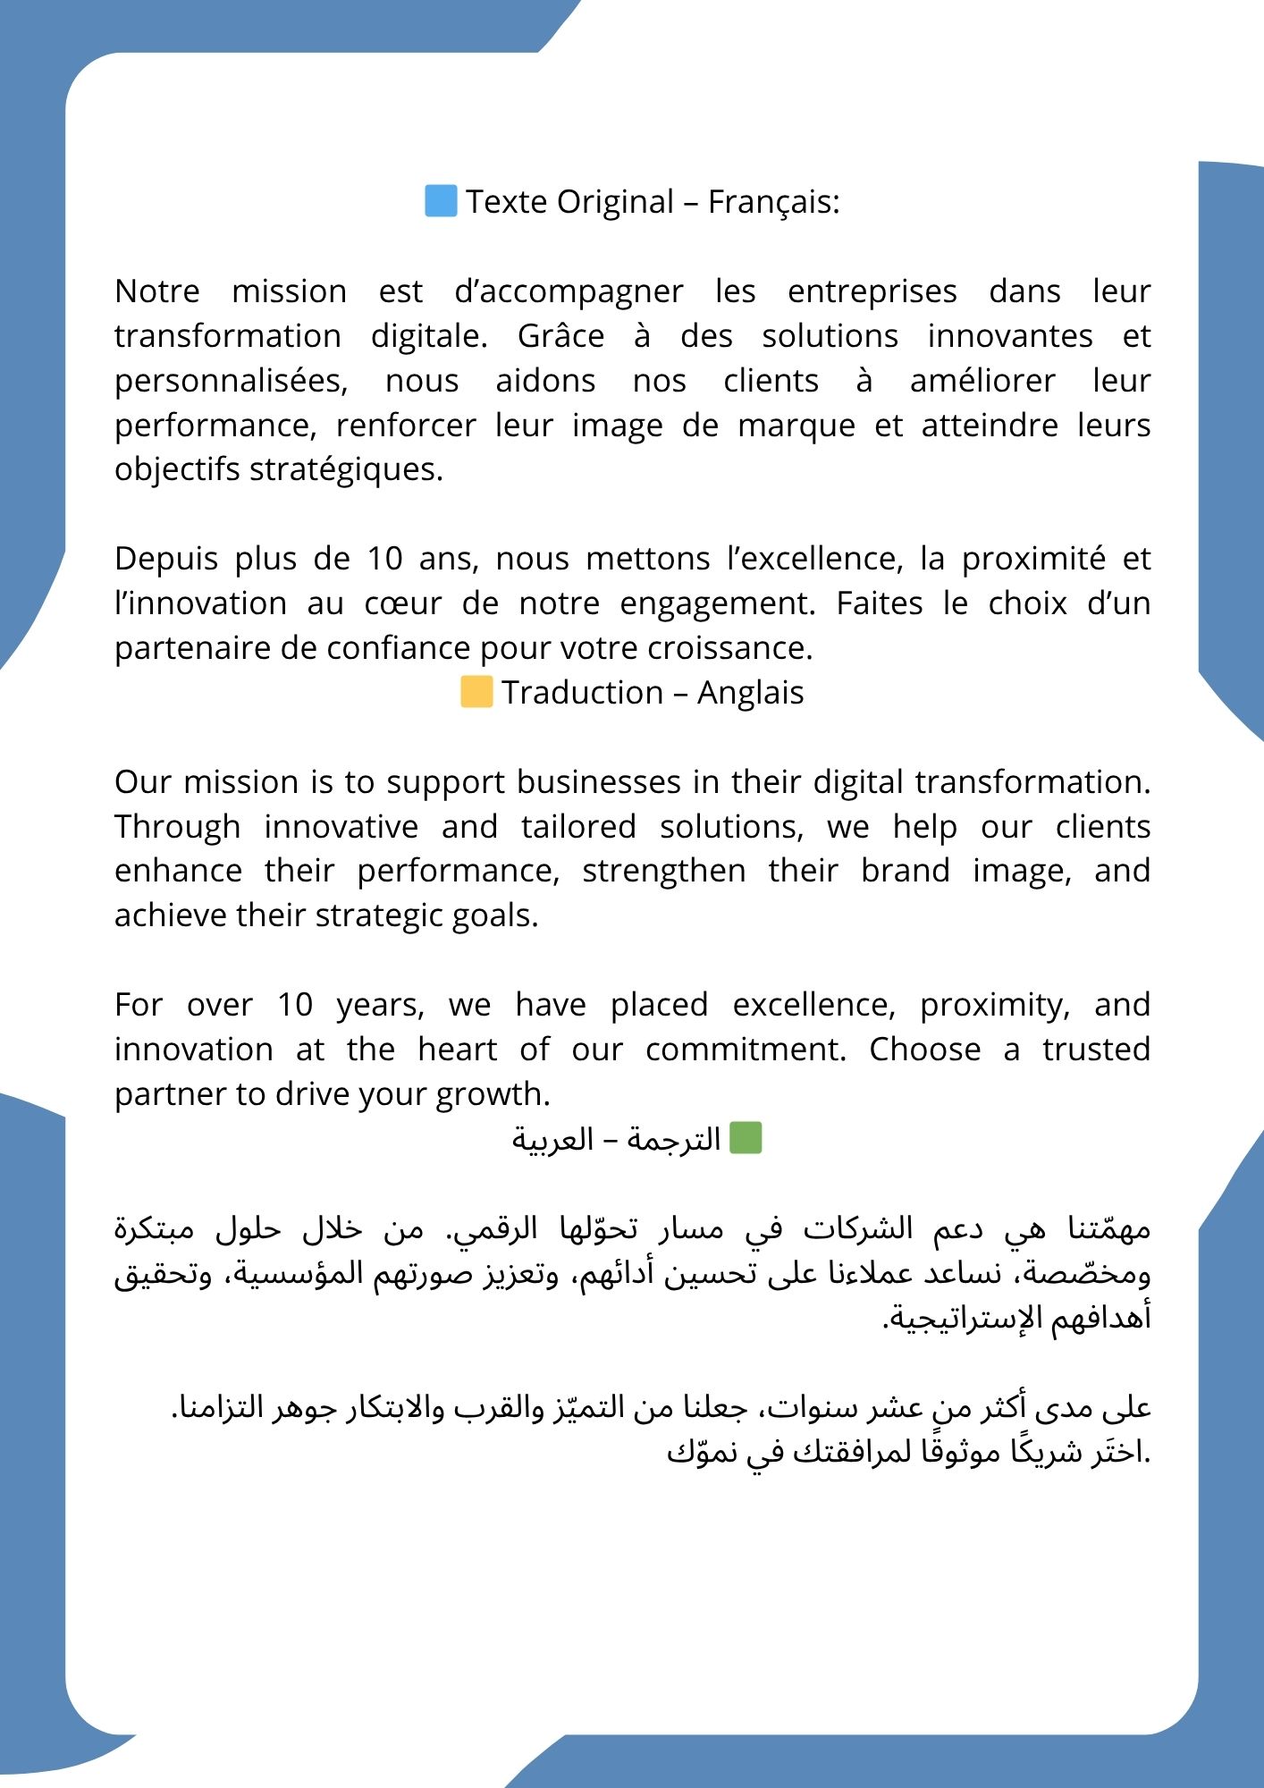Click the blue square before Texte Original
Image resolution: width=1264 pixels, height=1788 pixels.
point(441,200)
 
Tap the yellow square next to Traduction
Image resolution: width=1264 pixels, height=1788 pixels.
point(476,692)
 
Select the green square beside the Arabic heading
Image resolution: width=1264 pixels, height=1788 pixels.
point(746,1138)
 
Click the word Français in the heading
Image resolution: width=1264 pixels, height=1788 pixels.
point(773,202)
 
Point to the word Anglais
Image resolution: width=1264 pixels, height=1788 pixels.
point(750,693)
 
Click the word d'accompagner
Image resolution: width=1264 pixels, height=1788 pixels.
point(569,291)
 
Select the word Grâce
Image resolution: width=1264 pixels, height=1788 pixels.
point(560,336)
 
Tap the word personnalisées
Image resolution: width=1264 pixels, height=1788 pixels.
point(231,381)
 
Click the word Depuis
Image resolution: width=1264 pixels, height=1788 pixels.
point(166,559)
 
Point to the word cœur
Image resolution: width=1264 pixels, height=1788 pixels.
point(402,603)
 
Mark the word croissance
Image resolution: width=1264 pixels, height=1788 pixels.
point(729,648)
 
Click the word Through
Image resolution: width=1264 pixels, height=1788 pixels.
point(177,827)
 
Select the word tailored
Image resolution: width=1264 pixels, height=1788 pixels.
point(578,827)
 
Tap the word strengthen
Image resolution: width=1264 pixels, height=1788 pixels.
point(663,871)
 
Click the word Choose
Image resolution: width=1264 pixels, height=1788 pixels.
point(924,1050)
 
